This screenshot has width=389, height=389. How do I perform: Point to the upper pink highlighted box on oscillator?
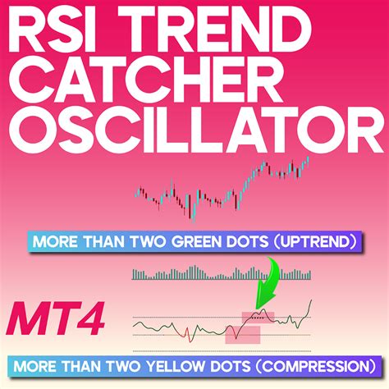tap(257, 316)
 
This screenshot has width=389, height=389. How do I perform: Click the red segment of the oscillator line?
tap(188, 332)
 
